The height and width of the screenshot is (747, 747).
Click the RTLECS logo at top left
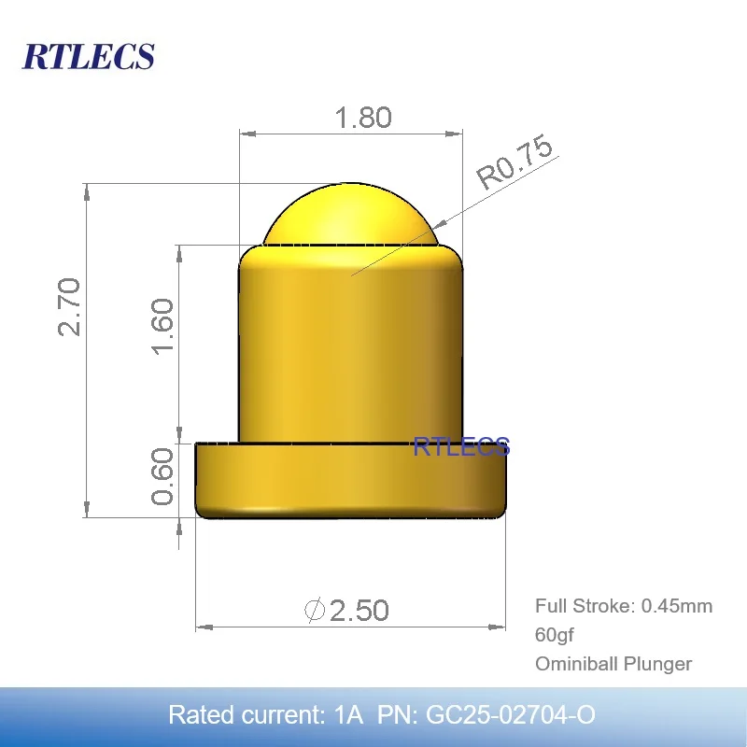88,55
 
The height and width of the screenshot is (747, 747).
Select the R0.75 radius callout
515,163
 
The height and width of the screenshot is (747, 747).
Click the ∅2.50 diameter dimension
346,611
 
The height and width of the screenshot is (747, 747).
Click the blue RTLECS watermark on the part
461,446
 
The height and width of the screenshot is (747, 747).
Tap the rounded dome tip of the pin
350,213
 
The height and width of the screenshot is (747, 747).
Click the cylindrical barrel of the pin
350,345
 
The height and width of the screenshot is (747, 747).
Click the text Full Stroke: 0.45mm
623,606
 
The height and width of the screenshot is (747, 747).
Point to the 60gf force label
554,635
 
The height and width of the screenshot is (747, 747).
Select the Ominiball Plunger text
613,664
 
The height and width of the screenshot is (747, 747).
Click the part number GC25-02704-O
510,715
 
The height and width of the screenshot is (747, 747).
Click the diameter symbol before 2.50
316,611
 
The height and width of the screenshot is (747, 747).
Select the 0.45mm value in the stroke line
676,606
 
